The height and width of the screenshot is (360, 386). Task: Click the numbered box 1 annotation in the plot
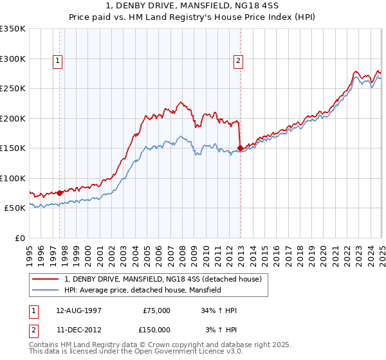coord(58,61)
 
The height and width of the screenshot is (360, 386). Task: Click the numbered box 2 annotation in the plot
coord(238,61)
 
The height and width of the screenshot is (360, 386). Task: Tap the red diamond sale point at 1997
coord(60,192)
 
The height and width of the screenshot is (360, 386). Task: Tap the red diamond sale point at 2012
coord(240,148)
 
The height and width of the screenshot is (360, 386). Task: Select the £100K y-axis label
coord(13,178)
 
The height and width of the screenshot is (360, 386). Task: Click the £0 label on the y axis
coord(19,238)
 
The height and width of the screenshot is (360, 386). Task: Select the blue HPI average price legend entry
coord(142,291)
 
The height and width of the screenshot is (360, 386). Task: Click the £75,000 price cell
coord(156,310)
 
